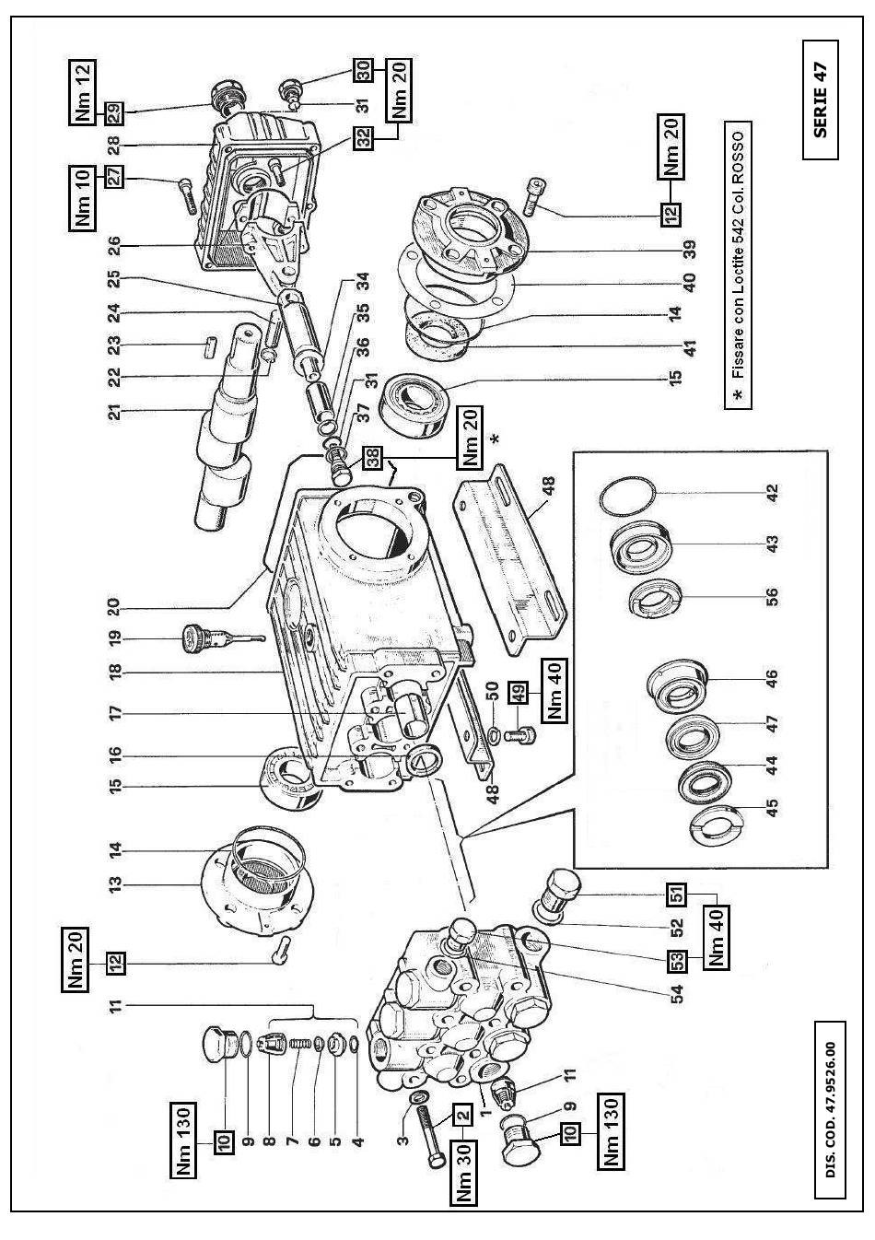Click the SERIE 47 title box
821,99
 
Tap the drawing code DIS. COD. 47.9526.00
831,1109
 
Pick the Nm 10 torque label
85,196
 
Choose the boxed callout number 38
370,456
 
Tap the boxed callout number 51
677,894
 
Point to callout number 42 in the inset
773,493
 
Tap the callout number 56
773,597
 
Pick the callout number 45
773,806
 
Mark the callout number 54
677,995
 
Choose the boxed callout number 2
463,1114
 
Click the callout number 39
689,249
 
